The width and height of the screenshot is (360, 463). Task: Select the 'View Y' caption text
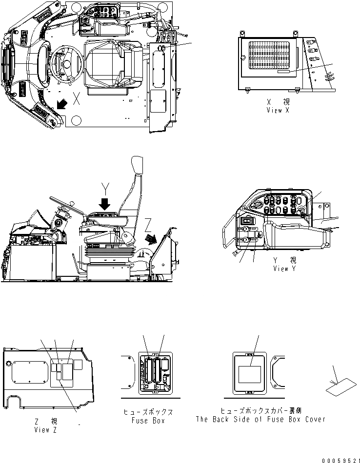click(x=288, y=265)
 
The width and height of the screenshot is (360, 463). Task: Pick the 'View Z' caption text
click(x=48, y=426)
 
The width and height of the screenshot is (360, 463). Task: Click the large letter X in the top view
click(x=76, y=99)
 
